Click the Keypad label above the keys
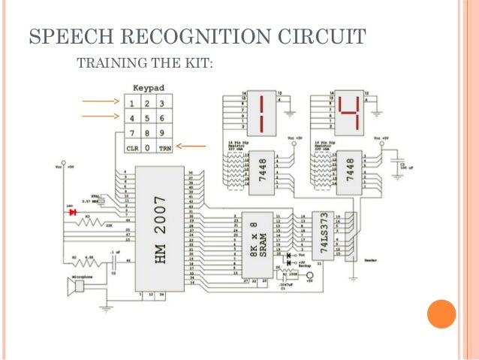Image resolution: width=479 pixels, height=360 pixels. tap(149, 88)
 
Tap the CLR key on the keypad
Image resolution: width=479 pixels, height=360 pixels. tap(132, 148)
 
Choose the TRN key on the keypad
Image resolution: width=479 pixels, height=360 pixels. tap(165, 148)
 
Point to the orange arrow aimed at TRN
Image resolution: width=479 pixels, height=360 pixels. tap(194, 147)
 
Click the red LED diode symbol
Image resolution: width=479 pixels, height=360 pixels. tap(73, 213)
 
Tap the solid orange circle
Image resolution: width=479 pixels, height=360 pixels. tap(441, 313)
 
